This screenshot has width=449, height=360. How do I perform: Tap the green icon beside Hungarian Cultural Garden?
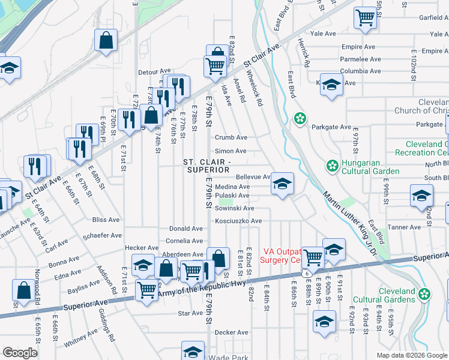331,165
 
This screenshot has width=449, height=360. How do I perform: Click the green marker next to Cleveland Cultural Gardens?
425,294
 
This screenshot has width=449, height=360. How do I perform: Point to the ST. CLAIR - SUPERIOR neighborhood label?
206,166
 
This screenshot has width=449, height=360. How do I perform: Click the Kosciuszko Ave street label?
240,221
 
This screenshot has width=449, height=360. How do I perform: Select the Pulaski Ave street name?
234,196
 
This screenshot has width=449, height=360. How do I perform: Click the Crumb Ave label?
231,137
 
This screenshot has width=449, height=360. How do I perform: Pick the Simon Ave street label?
231,151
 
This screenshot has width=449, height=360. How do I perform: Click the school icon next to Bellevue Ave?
282,184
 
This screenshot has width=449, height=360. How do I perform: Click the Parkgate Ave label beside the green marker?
331,127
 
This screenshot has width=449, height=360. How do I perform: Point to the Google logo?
20,353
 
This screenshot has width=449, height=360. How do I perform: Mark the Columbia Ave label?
361,71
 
